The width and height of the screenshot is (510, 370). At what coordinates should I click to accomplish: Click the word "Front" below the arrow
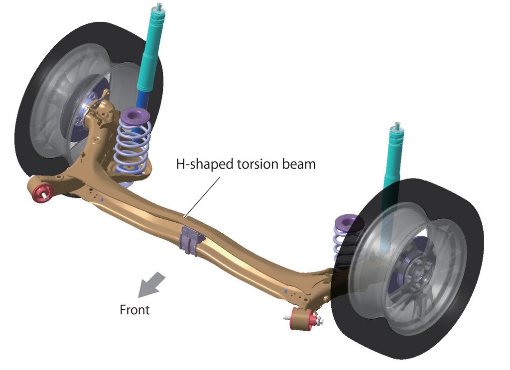134,310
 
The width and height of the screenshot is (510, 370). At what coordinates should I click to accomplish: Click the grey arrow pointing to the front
151,285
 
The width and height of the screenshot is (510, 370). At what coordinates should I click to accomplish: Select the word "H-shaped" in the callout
205,165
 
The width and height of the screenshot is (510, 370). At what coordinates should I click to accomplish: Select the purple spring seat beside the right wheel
347,222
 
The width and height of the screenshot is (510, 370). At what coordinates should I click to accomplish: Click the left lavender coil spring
132,145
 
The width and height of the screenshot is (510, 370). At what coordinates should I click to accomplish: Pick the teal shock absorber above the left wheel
152,49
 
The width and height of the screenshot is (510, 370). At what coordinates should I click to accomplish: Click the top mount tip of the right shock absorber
397,125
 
